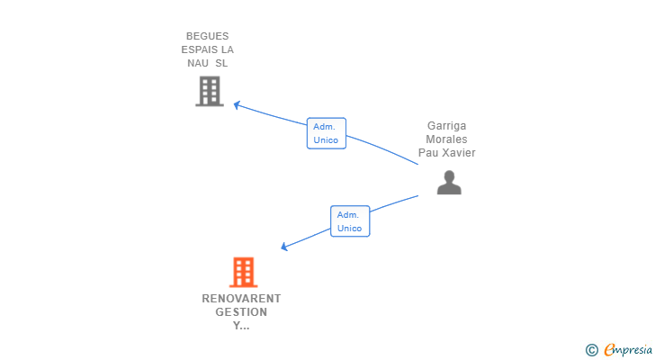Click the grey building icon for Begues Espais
pyautogui.click(x=209, y=91)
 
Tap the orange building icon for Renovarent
pyautogui.click(x=243, y=272)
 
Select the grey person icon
pyautogui.click(x=449, y=183)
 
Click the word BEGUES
pyautogui.click(x=208, y=36)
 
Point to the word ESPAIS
pyautogui.click(x=199, y=49)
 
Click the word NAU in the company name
pyautogui.click(x=198, y=63)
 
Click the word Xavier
pyautogui.click(x=457, y=153)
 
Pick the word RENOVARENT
pyautogui.click(x=241, y=299)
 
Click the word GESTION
pyautogui.click(x=241, y=312)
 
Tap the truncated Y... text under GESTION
pyautogui.click(x=241, y=326)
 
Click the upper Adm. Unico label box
pyautogui.click(x=326, y=133)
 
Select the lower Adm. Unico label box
pyautogui.click(x=349, y=221)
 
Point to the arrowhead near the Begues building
pyautogui.click(x=237, y=105)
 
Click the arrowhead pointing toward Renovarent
pyautogui.click(x=284, y=247)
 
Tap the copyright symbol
pyautogui.click(x=591, y=349)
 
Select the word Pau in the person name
pyautogui.click(x=426, y=153)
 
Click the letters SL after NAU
pyautogui.click(x=222, y=63)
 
